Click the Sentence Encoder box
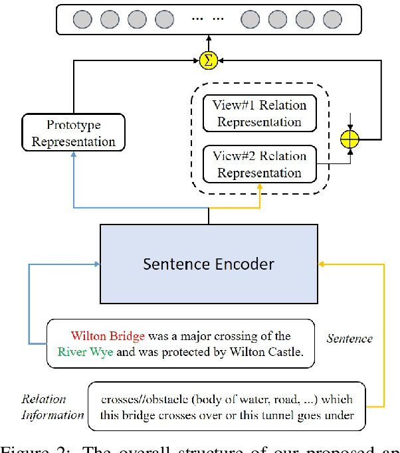click(x=209, y=264)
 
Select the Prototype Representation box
click(x=72, y=133)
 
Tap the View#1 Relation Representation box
click(x=259, y=114)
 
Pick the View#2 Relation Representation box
click(x=259, y=164)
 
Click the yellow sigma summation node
click(x=209, y=60)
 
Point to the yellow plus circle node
click(x=350, y=140)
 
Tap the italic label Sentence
click(x=350, y=338)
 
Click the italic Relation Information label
click(x=52, y=407)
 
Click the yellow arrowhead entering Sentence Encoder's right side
click(x=322, y=264)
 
